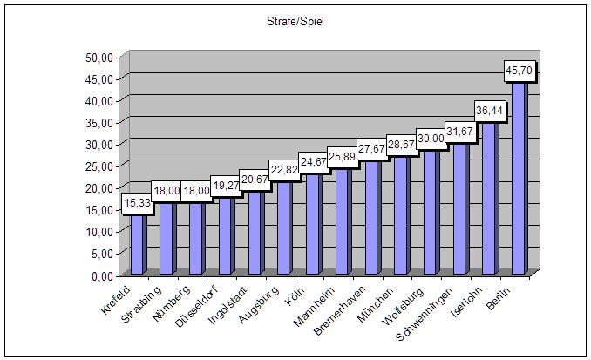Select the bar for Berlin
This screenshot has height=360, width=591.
click(519, 174)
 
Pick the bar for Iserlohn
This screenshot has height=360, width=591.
click(489, 196)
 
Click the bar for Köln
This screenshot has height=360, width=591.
click(313, 222)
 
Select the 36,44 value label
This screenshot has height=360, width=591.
click(489, 111)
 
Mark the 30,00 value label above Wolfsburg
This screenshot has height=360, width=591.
click(431, 138)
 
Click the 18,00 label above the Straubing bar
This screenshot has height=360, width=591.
click(166, 190)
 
